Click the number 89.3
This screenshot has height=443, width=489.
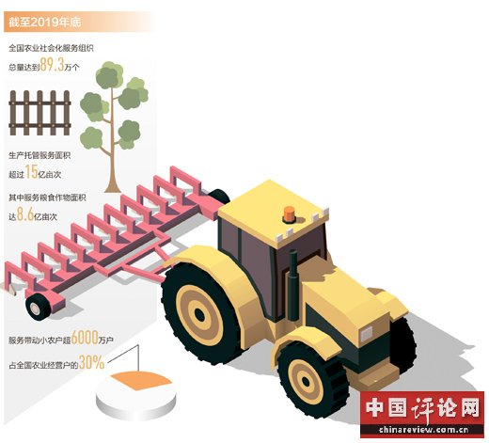(52, 65)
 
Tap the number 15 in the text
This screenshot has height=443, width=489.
(31, 172)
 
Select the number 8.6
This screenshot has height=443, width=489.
(25, 214)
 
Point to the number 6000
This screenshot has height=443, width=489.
(85, 338)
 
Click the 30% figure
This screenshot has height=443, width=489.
(91, 362)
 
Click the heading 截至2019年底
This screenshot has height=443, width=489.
(45, 23)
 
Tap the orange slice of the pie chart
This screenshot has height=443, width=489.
(142, 380)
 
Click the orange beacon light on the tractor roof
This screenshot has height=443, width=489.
(289, 214)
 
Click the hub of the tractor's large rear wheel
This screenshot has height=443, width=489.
(199, 314)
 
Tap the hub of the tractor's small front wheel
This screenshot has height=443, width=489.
(306, 381)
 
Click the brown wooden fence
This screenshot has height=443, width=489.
(39, 113)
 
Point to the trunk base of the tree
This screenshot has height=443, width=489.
(113, 187)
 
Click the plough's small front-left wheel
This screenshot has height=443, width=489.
(36, 309)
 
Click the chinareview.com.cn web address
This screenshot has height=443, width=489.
(423, 429)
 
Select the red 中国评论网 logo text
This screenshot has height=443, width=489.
(422, 407)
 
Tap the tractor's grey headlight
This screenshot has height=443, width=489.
(366, 334)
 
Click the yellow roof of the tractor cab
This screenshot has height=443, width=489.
(273, 210)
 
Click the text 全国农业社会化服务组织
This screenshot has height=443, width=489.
(51, 48)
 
